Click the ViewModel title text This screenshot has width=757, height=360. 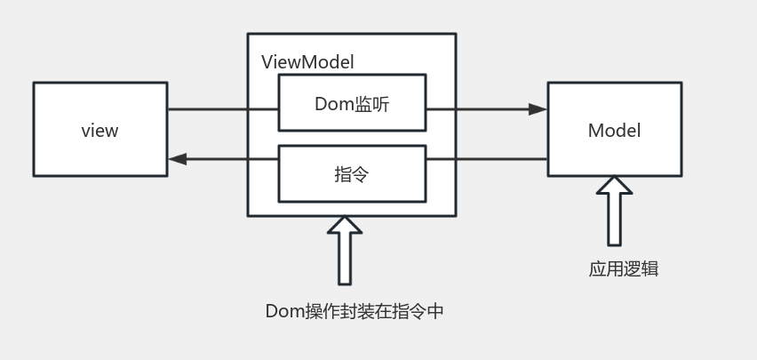(307, 62)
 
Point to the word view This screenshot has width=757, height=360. (100, 131)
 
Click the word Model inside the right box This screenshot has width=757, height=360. (614, 131)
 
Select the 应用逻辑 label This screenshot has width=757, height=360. (623, 268)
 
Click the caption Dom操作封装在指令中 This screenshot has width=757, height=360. (354, 311)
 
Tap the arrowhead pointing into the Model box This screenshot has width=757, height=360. (538, 109)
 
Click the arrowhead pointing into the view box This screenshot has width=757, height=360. (178, 159)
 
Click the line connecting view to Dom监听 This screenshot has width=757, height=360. (222, 109)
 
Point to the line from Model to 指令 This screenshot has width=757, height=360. (486, 159)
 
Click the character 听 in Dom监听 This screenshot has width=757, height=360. (379, 104)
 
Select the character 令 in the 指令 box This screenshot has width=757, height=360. (361, 174)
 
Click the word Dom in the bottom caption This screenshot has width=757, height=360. (284, 311)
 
